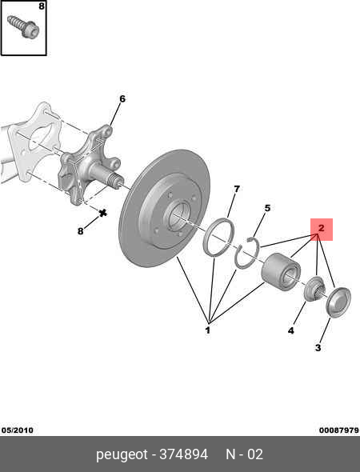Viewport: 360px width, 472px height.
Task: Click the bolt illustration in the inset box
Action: (23, 26)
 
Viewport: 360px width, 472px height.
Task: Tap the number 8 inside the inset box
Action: (42, 6)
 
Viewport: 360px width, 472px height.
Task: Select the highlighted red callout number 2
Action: (322, 228)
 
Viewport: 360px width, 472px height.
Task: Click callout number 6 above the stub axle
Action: (122, 98)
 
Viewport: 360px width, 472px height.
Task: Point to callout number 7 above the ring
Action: (237, 189)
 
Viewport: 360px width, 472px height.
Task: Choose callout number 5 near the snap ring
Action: (267, 208)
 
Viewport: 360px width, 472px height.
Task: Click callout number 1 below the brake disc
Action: (208, 330)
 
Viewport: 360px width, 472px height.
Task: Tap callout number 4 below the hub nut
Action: (290, 330)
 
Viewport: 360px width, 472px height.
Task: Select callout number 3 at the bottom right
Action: (318, 348)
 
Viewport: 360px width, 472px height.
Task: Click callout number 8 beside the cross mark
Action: (80, 231)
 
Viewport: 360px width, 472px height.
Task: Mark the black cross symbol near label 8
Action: (103, 213)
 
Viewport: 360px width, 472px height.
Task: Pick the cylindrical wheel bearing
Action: (281, 272)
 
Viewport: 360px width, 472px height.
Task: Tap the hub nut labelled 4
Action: (314, 289)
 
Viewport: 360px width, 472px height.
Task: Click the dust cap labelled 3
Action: (338, 302)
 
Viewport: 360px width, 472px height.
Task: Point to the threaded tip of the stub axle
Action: (118, 181)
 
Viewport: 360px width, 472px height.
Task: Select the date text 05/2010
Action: (18, 430)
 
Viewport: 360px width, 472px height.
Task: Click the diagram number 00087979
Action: (339, 430)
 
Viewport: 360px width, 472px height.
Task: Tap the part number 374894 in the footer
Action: (183, 454)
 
